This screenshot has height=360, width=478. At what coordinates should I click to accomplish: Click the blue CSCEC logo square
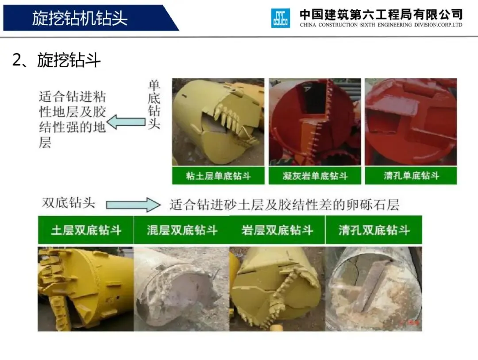pyautogui.click(x=281, y=18)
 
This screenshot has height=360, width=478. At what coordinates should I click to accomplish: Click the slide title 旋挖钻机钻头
pyautogui.click(x=80, y=18)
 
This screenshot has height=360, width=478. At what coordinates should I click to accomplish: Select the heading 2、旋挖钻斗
pyautogui.click(x=56, y=60)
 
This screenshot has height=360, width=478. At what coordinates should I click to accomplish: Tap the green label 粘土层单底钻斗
pyautogui.click(x=218, y=176)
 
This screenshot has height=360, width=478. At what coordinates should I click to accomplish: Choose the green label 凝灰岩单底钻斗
pyautogui.click(x=315, y=176)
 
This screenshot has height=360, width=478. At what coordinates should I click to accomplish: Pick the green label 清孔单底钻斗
pyautogui.click(x=411, y=176)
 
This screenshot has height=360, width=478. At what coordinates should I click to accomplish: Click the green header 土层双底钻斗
pyautogui.click(x=86, y=230)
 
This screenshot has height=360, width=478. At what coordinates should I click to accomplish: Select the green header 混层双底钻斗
pyautogui.click(x=182, y=230)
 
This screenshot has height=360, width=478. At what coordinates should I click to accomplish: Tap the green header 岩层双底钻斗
pyautogui.click(x=277, y=230)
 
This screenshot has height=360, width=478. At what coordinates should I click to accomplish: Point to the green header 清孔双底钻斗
pyautogui.click(x=374, y=230)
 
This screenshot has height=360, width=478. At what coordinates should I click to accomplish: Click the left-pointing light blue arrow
pyautogui.click(x=126, y=122)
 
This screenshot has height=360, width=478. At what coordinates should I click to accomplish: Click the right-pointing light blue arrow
pyautogui.click(x=133, y=205)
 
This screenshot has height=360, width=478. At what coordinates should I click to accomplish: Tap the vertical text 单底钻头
pyautogui.click(x=154, y=105)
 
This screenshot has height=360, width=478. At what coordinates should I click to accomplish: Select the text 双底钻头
pyautogui.click(x=69, y=203)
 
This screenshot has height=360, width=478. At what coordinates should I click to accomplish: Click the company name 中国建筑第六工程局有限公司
pyautogui.click(x=381, y=14)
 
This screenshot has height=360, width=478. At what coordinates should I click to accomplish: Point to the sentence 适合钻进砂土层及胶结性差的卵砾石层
pyautogui.click(x=284, y=205)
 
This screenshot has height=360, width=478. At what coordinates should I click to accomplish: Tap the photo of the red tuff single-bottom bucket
pyautogui.click(x=315, y=122)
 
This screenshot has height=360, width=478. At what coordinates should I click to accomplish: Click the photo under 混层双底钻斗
pyautogui.click(x=182, y=289)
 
